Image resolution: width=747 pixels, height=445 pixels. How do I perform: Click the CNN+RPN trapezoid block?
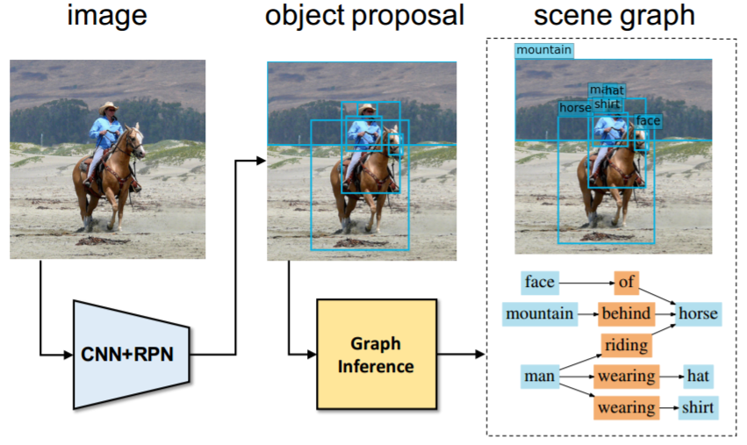[x=132, y=354]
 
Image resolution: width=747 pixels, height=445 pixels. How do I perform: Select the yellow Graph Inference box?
[x=376, y=355]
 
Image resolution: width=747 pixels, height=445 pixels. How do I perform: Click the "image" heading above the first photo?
[x=108, y=17]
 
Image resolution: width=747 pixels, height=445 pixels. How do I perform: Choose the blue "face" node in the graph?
[x=539, y=283]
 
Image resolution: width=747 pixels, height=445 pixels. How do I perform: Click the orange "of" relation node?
[x=627, y=283]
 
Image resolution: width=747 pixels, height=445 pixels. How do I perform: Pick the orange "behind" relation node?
[x=627, y=313]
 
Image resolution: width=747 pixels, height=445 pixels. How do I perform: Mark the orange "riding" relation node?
[x=627, y=345]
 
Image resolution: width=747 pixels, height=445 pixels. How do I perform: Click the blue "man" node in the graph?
[x=539, y=377]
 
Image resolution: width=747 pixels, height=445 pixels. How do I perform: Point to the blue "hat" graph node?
[x=698, y=377]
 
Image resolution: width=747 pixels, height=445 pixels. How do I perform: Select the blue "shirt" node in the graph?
[x=698, y=408]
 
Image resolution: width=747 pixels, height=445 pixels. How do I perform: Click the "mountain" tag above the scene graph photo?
[x=544, y=51]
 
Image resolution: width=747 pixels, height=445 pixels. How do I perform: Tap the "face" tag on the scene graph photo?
[x=648, y=120]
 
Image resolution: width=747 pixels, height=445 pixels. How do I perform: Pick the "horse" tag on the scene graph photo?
[x=575, y=108]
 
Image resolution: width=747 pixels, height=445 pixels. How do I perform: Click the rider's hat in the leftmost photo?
[x=109, y=107]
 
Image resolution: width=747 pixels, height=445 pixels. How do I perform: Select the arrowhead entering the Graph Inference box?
[x=312, y=355]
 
